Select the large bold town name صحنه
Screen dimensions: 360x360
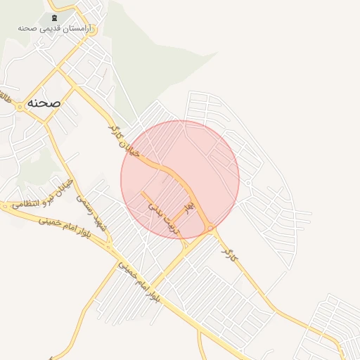pos(44,103)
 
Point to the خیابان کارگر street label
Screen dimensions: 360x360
pos(125,141)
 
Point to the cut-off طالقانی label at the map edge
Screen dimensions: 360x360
pos(6,95)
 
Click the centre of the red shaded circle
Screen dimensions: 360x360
pos(180,180)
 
